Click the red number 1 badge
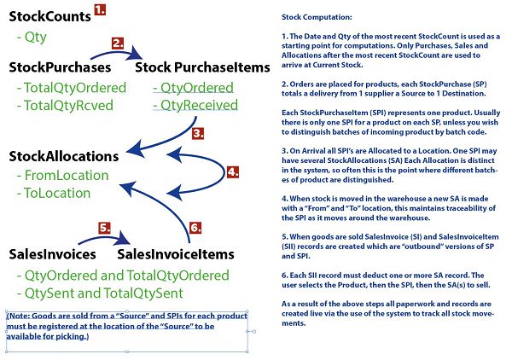pos(100,9)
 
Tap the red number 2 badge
pos(118,44)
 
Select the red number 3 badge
pos(198,133)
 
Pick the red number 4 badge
pos(232,172)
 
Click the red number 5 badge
pos(104,228)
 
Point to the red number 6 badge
pos(195,228)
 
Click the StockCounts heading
pos(50,17)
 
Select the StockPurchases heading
pos(60,67)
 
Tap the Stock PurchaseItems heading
pos(202,67)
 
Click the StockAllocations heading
pos(64,156)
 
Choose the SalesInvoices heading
pos(53,254)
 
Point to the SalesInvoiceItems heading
pos(176,254)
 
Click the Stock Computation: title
pos(317,17)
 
